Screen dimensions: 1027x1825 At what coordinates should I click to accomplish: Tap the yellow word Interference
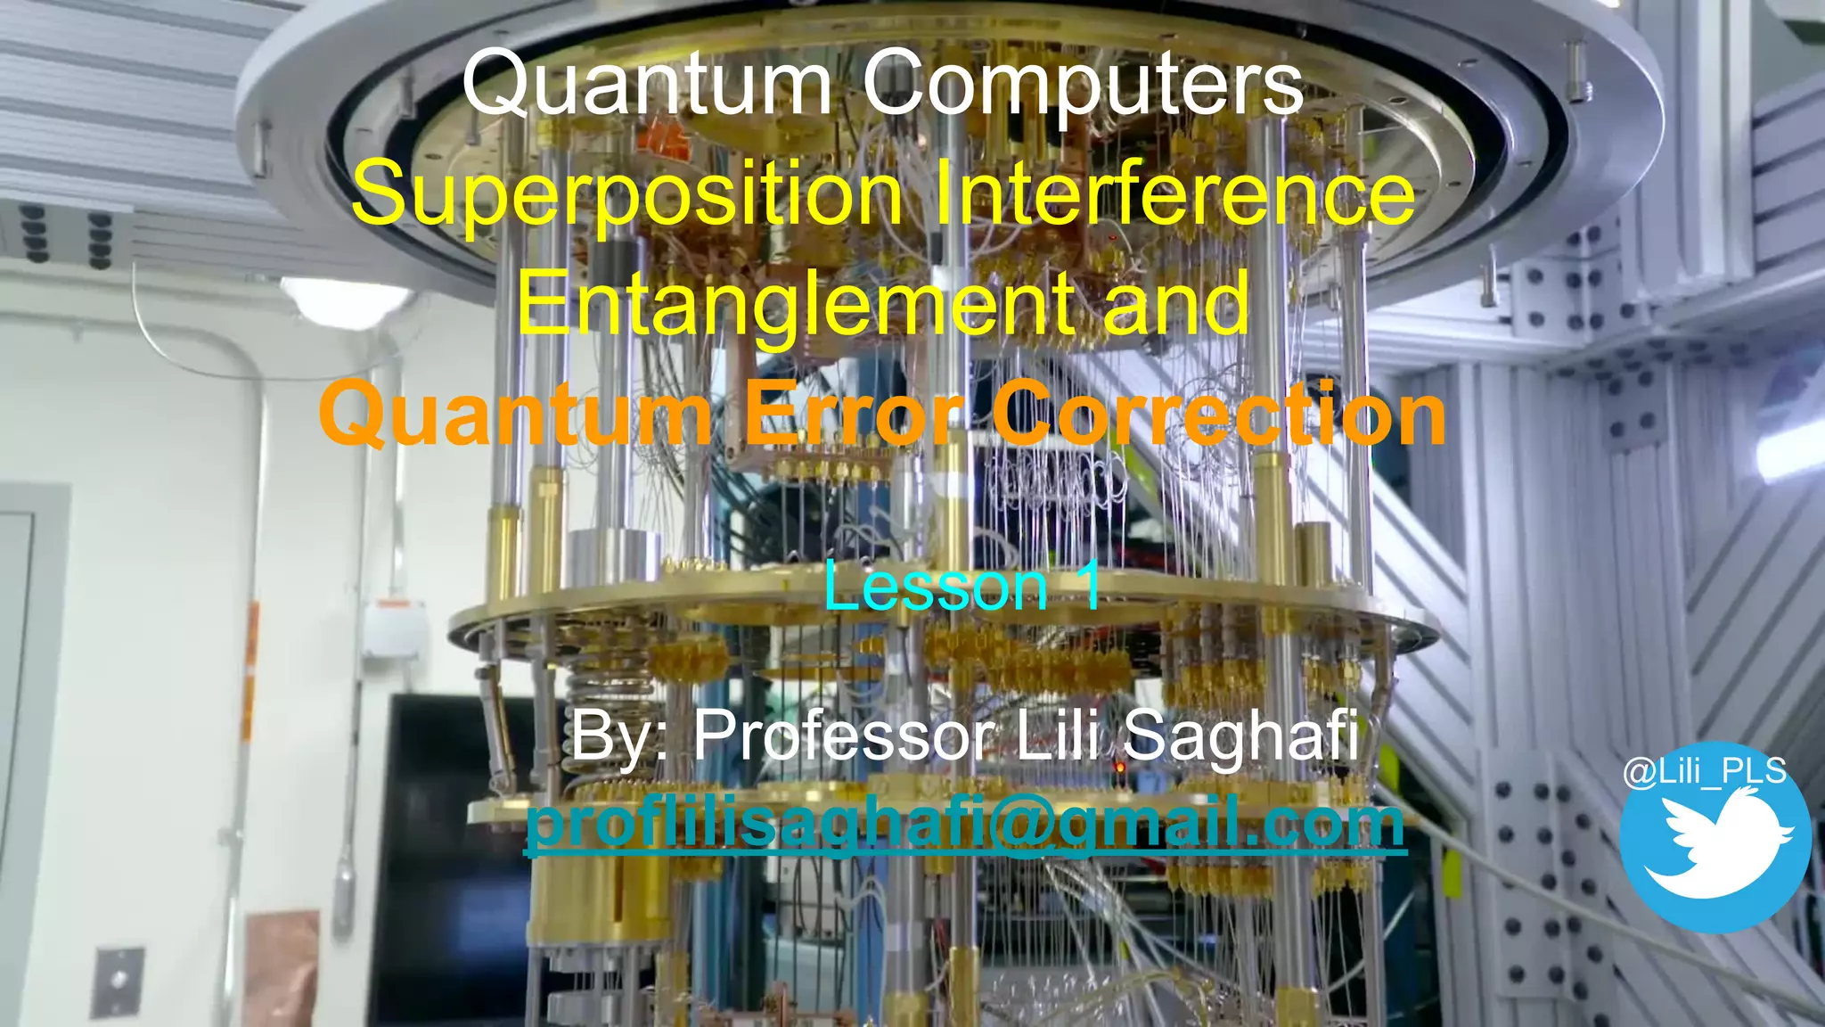click(1174, 193)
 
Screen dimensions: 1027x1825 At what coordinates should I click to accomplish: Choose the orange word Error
click(854, 414)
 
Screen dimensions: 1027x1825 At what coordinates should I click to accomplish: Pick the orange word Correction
click(1219, 414)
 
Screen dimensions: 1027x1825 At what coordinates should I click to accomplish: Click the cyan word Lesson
click(935, 587)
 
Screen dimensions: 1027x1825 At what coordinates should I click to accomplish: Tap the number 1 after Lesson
click(1088, 586)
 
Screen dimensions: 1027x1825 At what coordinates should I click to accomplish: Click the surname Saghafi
click(1240, 736)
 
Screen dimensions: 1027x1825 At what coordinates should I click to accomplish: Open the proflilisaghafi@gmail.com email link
click(965, 823)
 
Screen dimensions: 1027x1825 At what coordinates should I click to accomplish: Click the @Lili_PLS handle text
click(1705, 771)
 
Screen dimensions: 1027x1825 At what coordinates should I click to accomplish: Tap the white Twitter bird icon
click(1715, 842)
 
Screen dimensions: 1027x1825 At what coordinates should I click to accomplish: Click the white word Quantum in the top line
click(647, 85)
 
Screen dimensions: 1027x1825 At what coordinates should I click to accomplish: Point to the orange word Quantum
click(515, 415)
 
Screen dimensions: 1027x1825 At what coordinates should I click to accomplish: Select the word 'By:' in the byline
click(620, 736)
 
